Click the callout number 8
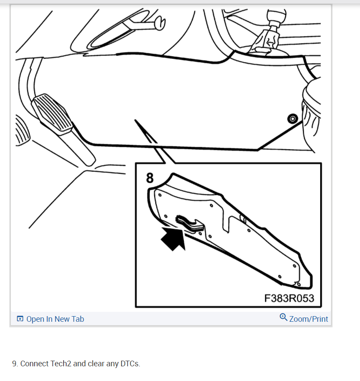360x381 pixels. point(149,178)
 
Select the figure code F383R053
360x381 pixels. point(289,298)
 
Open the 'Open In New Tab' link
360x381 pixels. point(55,319)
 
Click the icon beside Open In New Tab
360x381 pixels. point(20,319)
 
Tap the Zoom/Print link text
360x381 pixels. point(309,319)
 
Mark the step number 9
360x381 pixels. point(15,364)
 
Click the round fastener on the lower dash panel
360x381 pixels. point(293,118)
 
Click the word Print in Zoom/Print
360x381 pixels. point(320,319)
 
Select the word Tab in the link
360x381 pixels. point(77,319)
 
